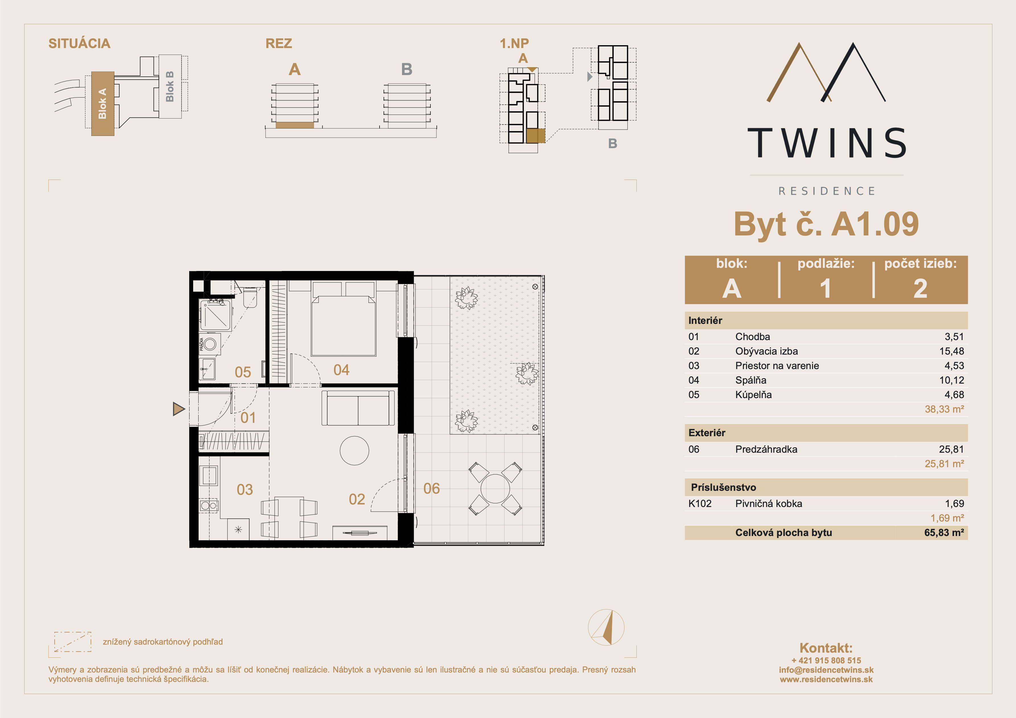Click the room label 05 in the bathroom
(x=242, y=372)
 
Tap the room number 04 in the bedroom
(x=341, y=370)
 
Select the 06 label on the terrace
(x=431, y=489)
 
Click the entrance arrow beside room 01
(x=178, y=409)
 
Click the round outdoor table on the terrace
(x=495, y=489)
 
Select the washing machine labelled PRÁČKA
(x=209, y=344)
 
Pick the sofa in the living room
(x=358, y=408)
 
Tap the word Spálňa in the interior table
(x=751, y=380)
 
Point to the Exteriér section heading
(x=707, y=433)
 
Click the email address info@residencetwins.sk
(x=826, y=670)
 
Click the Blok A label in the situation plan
(x=102, y=104)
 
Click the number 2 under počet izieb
(x=920, y=288)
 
